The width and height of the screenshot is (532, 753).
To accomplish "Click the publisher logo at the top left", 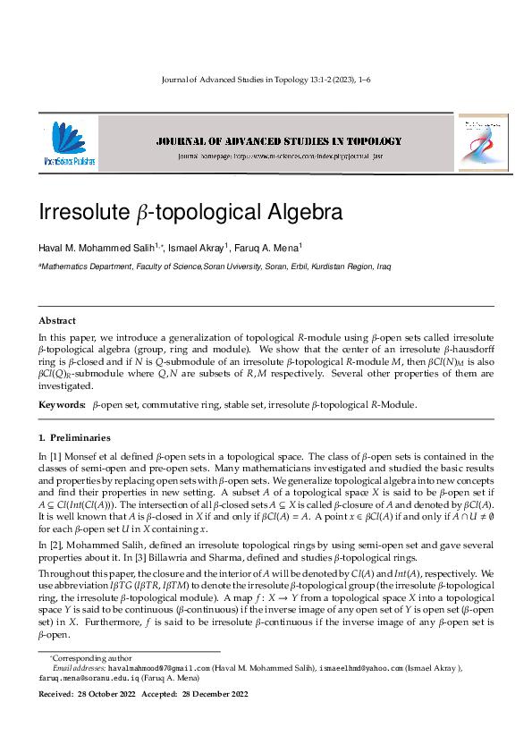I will pos(68,144).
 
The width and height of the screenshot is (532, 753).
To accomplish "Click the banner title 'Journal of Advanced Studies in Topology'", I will pos(279,141).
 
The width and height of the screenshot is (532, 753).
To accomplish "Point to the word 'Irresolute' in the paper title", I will pos(81,214).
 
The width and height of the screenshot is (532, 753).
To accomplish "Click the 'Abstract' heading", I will pos(57,320).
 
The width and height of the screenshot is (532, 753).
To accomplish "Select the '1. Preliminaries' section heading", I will pos(74,438).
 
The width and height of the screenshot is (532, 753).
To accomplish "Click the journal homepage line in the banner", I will pos(279,157).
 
